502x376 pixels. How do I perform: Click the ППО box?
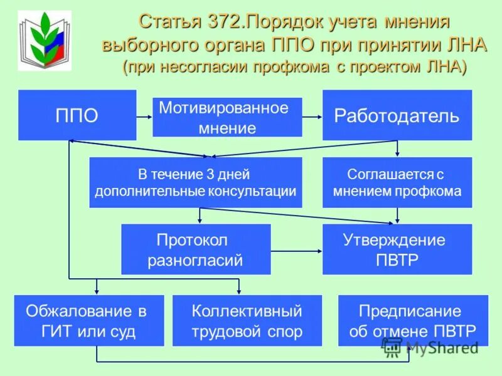(x=77, y=115)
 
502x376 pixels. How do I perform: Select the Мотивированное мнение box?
(x=227, y=117)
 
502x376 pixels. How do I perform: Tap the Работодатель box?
(x=397, y=115)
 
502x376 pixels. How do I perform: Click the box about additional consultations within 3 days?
(x=195, y=182)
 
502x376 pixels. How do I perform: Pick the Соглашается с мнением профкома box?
(x=397, y=182)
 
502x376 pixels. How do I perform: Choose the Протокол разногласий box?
(x=195, y=249)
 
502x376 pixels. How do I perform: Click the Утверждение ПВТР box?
(x=397, y=249)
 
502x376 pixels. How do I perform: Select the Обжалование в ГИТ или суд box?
(x=88, y=321)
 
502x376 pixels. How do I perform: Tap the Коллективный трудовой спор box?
(x=247, y=321)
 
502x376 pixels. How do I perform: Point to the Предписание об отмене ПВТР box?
(x=413, y=321)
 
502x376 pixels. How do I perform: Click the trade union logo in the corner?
(x=44, y=41)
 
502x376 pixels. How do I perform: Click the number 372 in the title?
(x=225, y=22)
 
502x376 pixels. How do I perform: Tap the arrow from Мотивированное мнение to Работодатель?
(x=312, y=116)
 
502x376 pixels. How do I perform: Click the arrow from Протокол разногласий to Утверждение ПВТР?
(x=296, y=251)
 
